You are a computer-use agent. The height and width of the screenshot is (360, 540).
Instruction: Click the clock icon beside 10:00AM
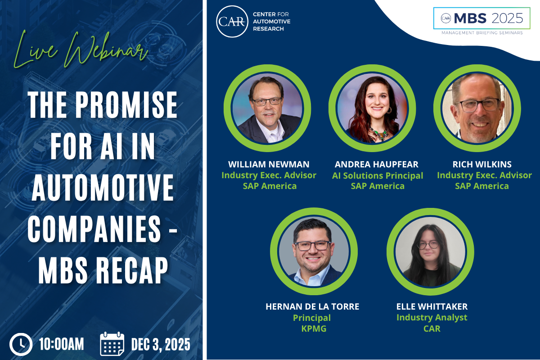click(21, 344)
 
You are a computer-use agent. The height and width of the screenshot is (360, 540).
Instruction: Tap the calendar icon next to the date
click(112, 344)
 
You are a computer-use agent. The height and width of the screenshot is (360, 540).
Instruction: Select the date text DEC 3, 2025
click(161, 345)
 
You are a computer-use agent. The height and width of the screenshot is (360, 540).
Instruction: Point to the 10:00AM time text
click(61, 345)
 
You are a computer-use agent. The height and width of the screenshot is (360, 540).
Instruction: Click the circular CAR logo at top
click(232, 21)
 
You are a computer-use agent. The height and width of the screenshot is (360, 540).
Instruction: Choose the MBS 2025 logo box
click(481, 18)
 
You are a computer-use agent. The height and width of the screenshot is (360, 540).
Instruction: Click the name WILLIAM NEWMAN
click(269, 164)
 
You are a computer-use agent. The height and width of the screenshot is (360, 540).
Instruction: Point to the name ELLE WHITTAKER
click(432, 307)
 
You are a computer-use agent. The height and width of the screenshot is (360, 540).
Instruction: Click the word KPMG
click(312, 329)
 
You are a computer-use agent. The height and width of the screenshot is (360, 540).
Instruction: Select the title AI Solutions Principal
click(378, 175)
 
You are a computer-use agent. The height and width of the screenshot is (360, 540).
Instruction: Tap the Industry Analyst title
click(432, 318)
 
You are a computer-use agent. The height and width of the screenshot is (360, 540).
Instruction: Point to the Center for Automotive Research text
click(271, 22)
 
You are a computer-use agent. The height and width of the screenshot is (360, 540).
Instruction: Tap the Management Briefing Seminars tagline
click(481, 33)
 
